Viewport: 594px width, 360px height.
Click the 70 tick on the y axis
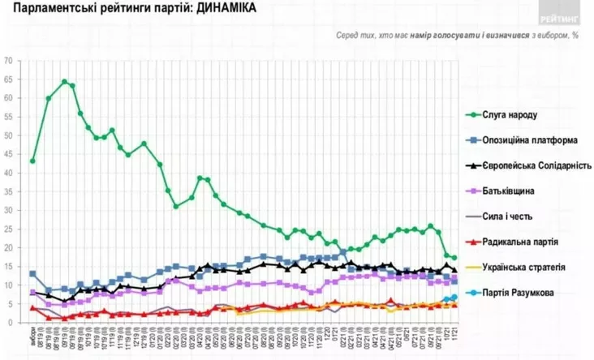coord(9,60)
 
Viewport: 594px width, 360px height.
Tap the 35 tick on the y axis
coord(9,191)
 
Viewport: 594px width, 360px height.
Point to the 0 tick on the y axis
coord(11,323)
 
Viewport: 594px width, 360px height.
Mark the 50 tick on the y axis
coord(9,135)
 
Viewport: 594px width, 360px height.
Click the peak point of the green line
coord(64,81)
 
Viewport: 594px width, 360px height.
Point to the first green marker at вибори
coord(32,161)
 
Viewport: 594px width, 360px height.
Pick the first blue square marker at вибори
coord(32,273)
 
